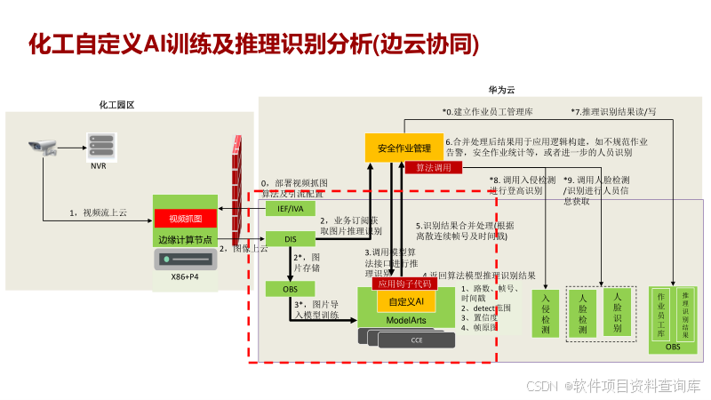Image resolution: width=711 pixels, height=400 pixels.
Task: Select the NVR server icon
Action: coord(99,145)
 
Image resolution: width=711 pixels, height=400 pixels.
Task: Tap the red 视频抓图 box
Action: coord(186,219)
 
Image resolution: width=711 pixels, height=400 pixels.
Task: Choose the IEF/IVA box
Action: coord(291,208)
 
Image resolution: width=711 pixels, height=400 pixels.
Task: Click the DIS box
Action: coord(291,238)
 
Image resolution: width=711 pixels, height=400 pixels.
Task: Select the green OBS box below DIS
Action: coord(291,289)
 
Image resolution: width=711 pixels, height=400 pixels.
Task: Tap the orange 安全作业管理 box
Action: coord(403,148)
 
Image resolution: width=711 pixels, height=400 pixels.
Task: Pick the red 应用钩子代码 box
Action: coord(404,284)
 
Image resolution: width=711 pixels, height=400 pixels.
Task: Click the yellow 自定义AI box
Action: coord(405,302)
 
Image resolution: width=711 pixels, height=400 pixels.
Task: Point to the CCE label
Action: coord(417,340)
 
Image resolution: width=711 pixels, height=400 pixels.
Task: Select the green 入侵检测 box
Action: coord(545,313)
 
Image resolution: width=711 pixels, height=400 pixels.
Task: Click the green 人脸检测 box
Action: coord(583,313)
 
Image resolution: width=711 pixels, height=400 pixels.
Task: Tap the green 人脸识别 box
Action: coord(617,310)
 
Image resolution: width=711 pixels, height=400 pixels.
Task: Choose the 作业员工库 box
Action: coord(661,313)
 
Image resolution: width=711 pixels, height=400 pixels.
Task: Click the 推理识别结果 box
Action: coord(684,313)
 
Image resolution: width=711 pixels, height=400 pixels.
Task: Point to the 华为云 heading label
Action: coord(501,91)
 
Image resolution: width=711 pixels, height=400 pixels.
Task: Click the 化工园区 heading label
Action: coord(116,105)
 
